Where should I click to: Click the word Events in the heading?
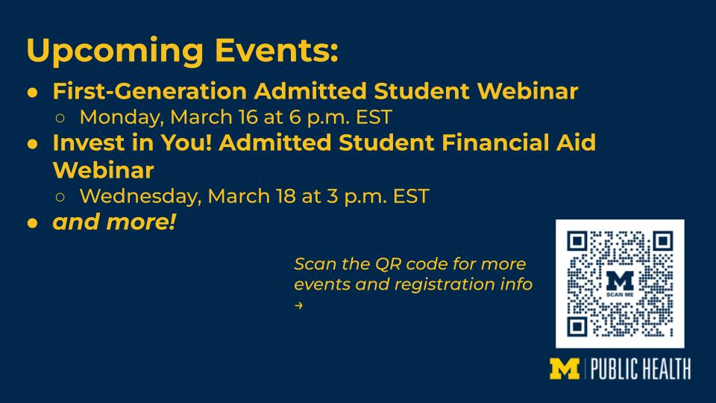tap(277, 49)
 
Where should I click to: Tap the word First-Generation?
tap(150, 91)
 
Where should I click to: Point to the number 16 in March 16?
tap(248, 117)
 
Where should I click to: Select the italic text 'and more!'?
tap(114, 222)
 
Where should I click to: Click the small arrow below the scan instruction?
tap(298, 305)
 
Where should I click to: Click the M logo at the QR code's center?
tap(620, 281)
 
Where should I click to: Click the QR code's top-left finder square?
tap(577, 241)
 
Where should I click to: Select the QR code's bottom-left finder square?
tap(577, 327)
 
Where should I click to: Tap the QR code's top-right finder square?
tap(663, 241)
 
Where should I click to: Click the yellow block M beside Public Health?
tap(565, 369)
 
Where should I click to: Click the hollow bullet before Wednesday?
tap(60, 197)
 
